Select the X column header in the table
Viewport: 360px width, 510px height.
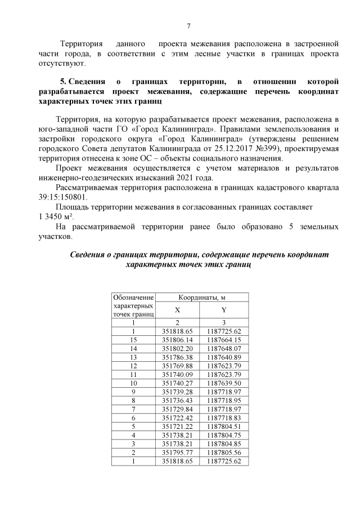[177, 310]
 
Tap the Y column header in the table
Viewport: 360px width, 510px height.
[224, 310]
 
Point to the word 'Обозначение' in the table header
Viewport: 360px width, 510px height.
[133, 297]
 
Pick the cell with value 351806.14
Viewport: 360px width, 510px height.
[177, 340]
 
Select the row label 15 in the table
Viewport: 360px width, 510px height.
[133, 340]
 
